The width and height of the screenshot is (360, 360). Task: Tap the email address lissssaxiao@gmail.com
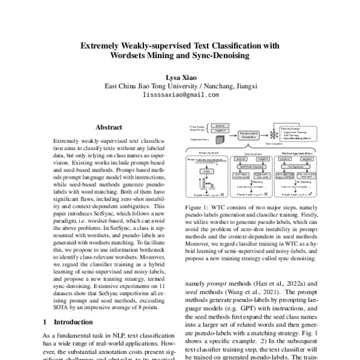[179, 94]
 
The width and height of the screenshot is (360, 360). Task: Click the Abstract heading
[109, 127]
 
